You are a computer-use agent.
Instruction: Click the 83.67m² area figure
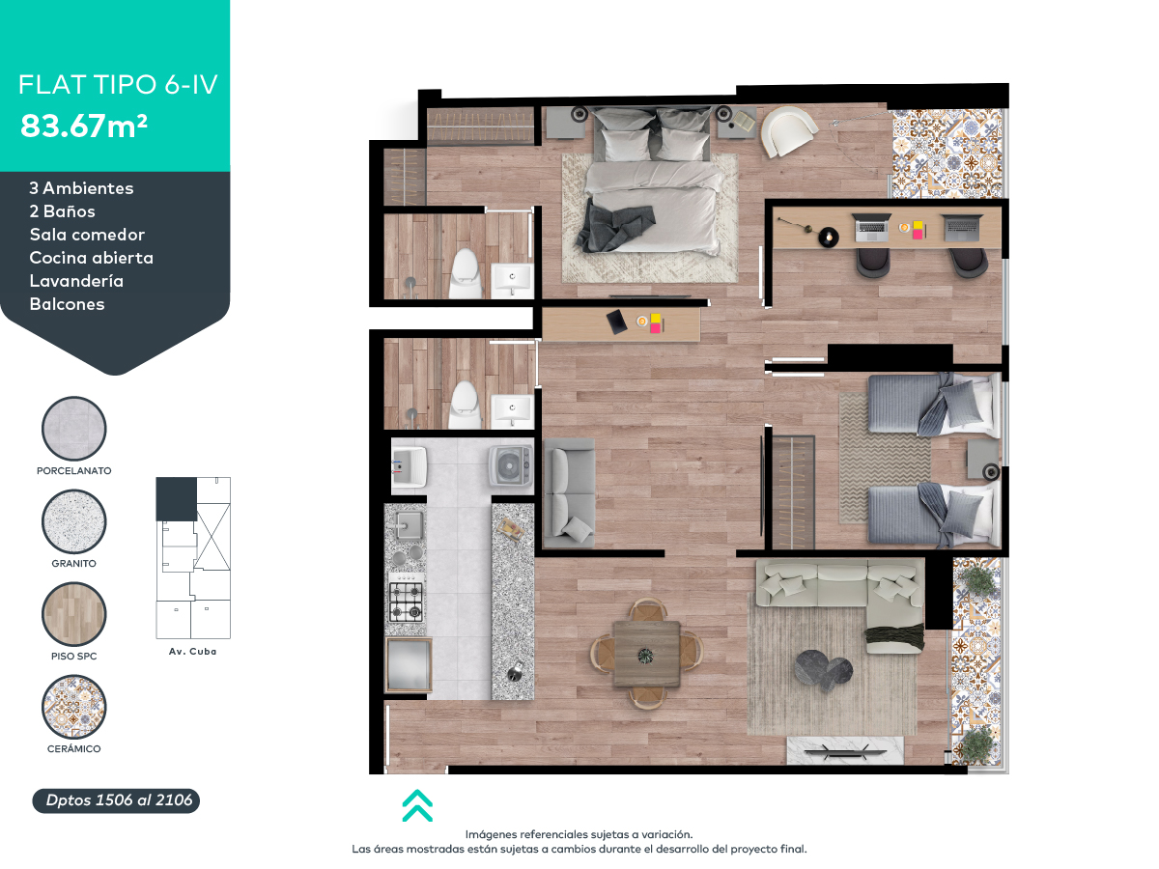click(x=84, y=126)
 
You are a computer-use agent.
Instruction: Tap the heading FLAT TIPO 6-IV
click(x=118, y=84)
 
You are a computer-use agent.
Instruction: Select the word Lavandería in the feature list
click(x=76, y=281)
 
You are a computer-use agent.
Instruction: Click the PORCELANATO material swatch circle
click(x=74, y=429)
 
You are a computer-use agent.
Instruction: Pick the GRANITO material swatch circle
click(x=74, y=521)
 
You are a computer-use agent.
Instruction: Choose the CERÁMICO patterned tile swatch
click(x=74, y=707)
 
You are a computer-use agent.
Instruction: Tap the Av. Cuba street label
click(x=193, y=652)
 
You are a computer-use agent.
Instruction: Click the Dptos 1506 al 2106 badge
click(x=116, y=800)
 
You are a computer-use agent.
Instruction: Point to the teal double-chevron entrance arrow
click(x=417, y=805)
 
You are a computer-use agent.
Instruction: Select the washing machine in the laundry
click(x=510, y=465)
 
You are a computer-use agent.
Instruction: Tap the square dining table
click(x=646, y=655)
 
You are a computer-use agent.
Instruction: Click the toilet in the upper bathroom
click(x=466, y=273)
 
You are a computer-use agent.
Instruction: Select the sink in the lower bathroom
click(x=512, y=409)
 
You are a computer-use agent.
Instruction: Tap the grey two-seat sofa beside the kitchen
click(x=569, y=492)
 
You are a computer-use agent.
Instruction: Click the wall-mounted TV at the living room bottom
click(x=845, y=750)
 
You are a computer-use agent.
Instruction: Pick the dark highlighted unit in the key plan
click(x=177, y=499)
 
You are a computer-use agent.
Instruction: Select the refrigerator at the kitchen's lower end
click(x=409, y=665)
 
